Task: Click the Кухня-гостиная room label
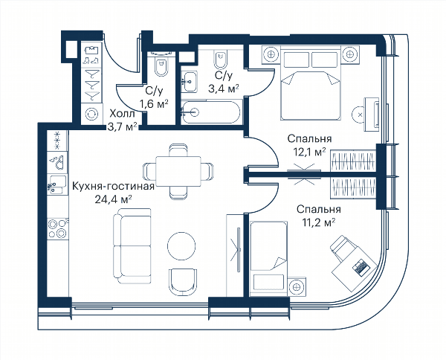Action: pyautogui.click(x=113, y=187)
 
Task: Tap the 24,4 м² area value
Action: pyautogui.click(x=113, y=199)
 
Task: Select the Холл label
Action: pyautogui.click(x=123, y=114)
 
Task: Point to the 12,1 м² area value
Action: pyautogui.click(x=309, y=152)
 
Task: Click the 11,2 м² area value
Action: pyautogui.click(x=319, y=222)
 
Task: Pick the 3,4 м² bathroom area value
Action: pyautogui.click(x=224, y=89)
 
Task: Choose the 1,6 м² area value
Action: pyautogui.click(x=154, y=104)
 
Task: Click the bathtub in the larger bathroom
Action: pyautogui.click(x=212, y=112)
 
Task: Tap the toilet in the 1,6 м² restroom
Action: pyautogui.click(x=161, y=64)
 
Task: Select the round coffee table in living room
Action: pyautogui.click(x=181, y=245)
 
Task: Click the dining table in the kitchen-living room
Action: pyautogui.click(x=178, y=171)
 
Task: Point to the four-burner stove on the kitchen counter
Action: pyautogui.click(x=58, y=228)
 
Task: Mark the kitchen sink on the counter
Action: pyautogui.click(x=57, y=185)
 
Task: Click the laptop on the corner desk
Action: pyautogui.click(x=361, y=268)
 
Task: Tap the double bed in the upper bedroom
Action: pyautogui.click(x=310, y=83)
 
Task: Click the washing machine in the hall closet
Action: pyautogui.click(x=91, y=114)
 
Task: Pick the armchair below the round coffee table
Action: pyautogui.click(x=183, y=282)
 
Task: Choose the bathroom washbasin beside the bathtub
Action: pyautogui.click(x=189, y=82)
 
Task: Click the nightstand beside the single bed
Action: pyautogui.click(x=297, y=287)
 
